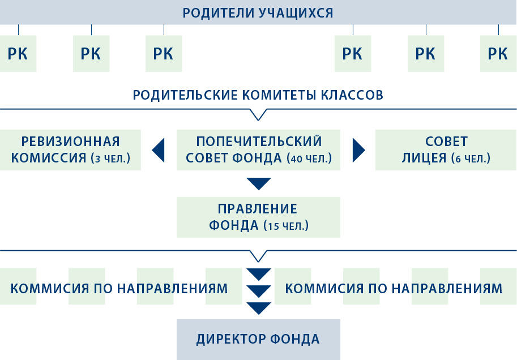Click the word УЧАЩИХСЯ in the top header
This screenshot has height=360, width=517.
[296, 13]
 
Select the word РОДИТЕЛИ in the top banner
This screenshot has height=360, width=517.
[219, 13]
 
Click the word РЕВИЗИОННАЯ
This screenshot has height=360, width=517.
[71, 142]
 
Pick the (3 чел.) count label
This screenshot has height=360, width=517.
[110, 158]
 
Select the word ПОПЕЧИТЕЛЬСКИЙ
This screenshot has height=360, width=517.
[259, 142]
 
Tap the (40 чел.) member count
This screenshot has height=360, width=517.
[309, 158]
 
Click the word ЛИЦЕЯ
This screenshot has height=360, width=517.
[424, 158]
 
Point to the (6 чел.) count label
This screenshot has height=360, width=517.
[471, 158]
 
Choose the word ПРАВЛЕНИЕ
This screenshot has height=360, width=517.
[258, 209]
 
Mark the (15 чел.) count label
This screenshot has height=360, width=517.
[286, 226]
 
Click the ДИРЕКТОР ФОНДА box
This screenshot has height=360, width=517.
[258, 340]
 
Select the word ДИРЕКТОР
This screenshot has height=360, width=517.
[231, 339]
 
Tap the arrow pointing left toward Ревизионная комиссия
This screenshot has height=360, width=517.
[158, 151]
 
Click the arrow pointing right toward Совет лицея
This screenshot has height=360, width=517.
[359, 151]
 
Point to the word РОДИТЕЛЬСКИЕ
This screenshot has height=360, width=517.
[185, 95]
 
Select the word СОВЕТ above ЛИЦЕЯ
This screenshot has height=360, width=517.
[446, 142]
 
